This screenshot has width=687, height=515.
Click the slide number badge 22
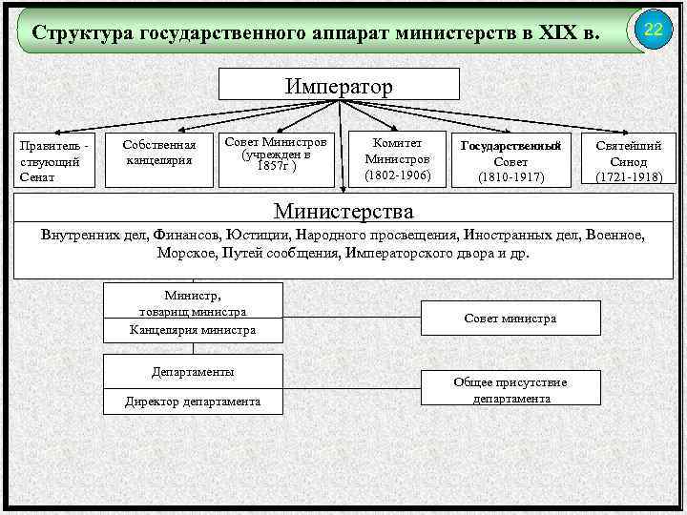pyautogui.click(x=653, y=31)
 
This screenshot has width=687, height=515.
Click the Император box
pyautogui.click(x=339, y=86)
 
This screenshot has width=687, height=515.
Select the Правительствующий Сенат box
pyautogui.click(x=54, y=158)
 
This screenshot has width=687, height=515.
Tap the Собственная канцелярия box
pyautogui.click(x=159, y=153)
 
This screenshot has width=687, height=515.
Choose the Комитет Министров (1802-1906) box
pyautogui.click(x=398, y=158)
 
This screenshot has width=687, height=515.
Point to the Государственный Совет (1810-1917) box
pyautogui.click(x=510, y=159)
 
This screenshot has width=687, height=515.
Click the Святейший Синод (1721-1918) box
pyautogui.click(x=629, y=159)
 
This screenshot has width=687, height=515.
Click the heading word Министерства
pyautogui.click(x=343, y=210)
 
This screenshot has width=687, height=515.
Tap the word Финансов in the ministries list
pyautogui.click(x=181, y=235)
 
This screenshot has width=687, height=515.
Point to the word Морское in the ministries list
pyautogui.click(x=187, y=254)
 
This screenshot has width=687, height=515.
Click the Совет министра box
pyautogui.click(x=510, y=319)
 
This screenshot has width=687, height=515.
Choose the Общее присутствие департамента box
pyautogui.click(x=510, y=390)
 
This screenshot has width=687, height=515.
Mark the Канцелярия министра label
pyautogui.click(x=193, y=330)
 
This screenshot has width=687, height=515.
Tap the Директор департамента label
pyautogui.click(x=193, y=402)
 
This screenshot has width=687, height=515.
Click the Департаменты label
pyautogui.click(x=193, y=371)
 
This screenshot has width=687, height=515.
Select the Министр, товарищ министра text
pyautogui.click(x=193, y=303)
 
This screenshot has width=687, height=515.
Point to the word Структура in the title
pyautogui.click(x=82, y=33)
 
